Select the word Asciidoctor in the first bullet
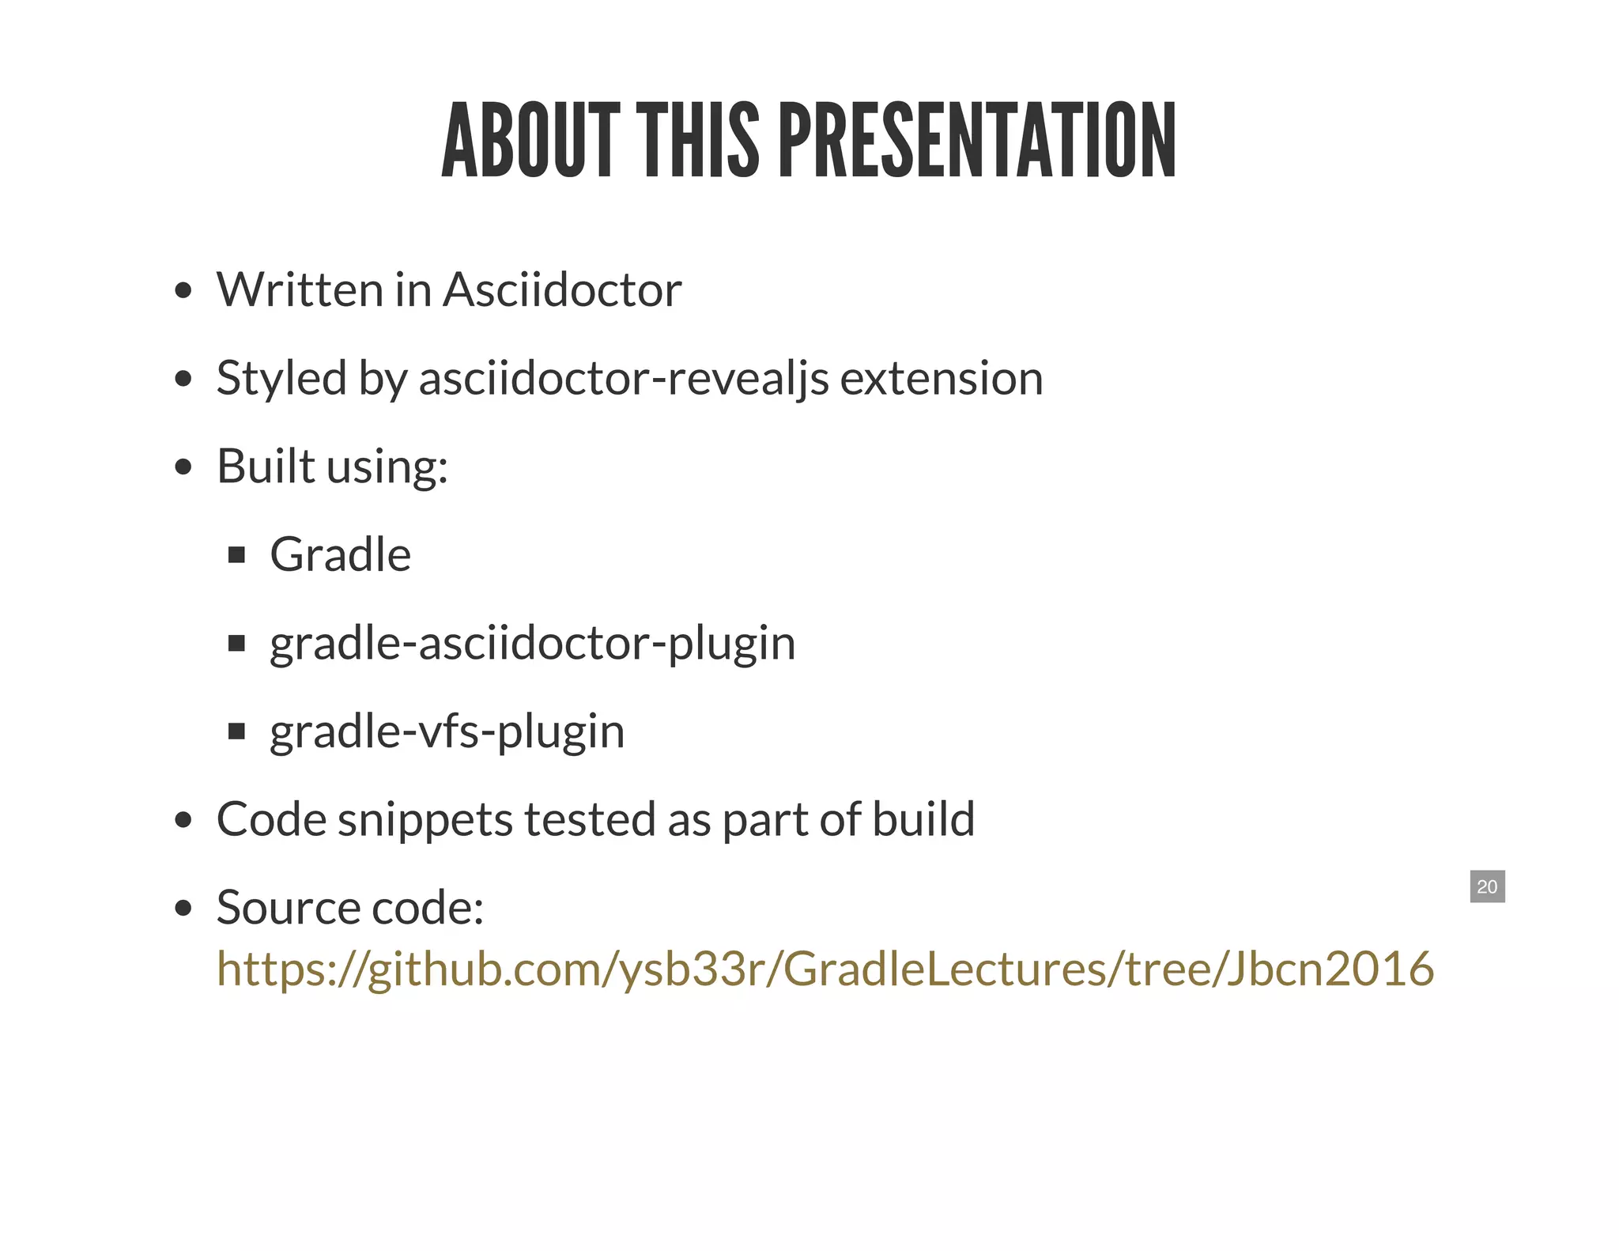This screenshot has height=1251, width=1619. pyautogui.click(x=561, y=289)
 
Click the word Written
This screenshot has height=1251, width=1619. pyautogui.click(x=300, y=289)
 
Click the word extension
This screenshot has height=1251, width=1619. pyautogui.click(x=941, y=378)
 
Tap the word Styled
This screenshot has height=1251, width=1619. pyautogui.click(x=281, y=378)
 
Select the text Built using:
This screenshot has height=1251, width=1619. pyautogui.click(x=332, y=467)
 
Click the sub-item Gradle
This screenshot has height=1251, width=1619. pyautogui.click(x=340, y=554)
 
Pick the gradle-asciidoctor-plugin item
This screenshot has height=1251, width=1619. pyautogui.click(x=531, y=643)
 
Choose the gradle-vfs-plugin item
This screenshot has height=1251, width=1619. pyautogui.click(x=447, y=731)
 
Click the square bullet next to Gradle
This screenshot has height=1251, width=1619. pyautogui.click(x=236, y=555)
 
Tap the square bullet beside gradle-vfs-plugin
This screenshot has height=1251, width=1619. pyautogui.click(x=236, y=731)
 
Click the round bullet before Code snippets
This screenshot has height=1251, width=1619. pyautogui.click(x=183, y=821)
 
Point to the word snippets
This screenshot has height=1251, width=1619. pyautogui.click(x=425, y=819)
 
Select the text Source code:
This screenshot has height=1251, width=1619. pyautogui.click(x=349, y=907)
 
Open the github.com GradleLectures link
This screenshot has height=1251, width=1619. pyautogui.click(x=825, y=969)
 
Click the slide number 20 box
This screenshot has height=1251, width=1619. pyautogui.click(x=1487, y=886)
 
